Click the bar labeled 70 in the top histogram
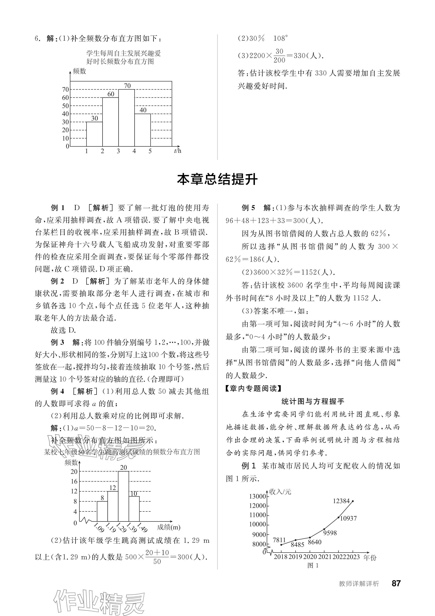126,118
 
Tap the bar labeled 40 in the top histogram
142,130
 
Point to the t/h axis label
178,151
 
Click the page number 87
396,584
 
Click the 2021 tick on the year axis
325,557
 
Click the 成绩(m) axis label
169,527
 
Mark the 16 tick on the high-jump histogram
74,482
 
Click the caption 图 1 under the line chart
313,565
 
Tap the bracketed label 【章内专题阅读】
253,388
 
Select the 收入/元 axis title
280,492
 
